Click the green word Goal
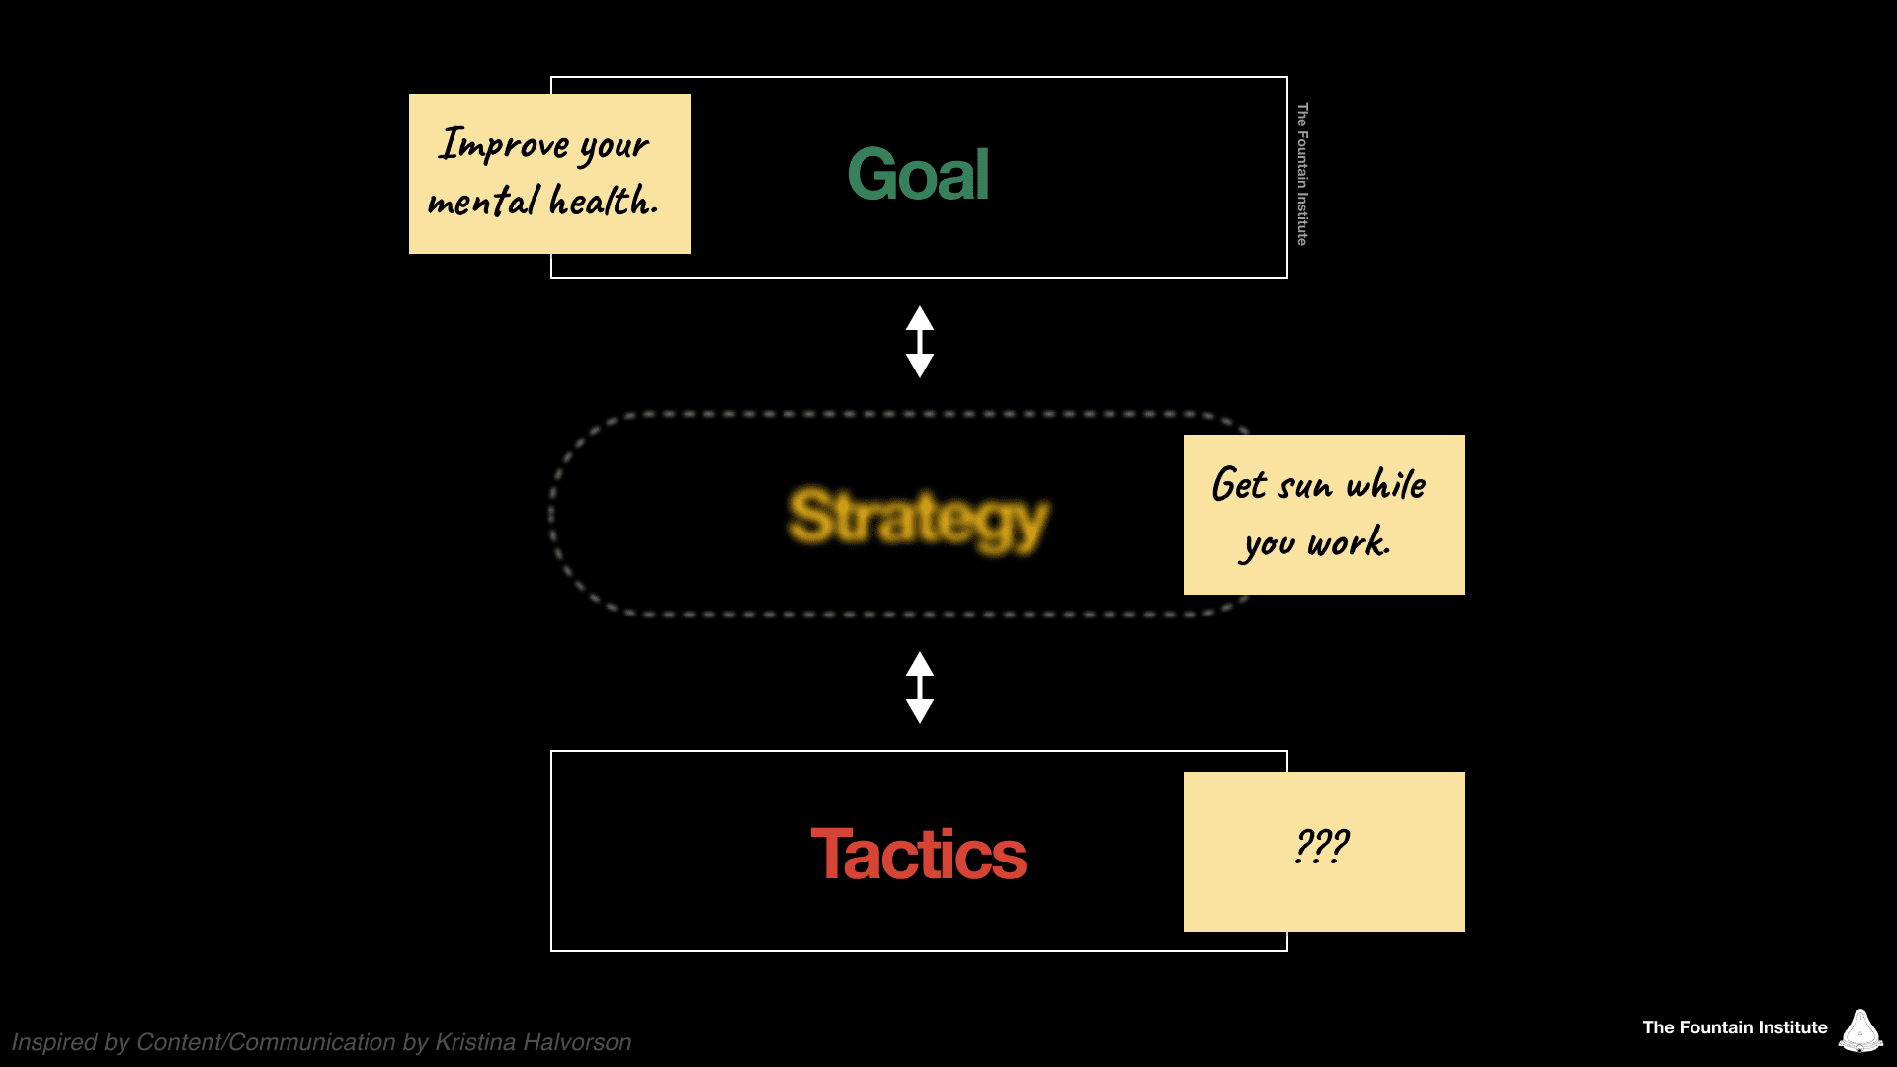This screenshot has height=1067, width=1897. [x=918, y=175]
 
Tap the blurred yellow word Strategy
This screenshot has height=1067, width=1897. [x=918, y=518]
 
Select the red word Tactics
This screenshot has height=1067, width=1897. [x=918, y=855]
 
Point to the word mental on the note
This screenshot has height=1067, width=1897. [x=483, y=202]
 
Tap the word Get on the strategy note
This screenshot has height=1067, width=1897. [x=1239, y=485]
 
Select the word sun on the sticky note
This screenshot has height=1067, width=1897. [x=1305, y=486]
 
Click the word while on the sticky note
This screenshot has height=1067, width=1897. [x=1386, y=484]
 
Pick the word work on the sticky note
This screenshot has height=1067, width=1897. [x=1349, y=542]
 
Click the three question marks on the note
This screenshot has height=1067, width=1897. [x=1321, y=847]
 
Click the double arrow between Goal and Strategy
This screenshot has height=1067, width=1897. [x=920, y=342]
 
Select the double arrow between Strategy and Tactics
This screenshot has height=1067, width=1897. [x=920, y=688]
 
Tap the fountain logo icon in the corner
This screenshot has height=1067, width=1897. [x=1860, y=1030]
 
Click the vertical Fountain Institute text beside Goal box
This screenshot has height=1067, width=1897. [x=1302, y=174]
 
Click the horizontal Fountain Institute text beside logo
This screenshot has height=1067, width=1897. [x=1734, y=1027]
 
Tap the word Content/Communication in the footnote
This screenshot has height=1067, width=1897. [x=266, y=1042]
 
